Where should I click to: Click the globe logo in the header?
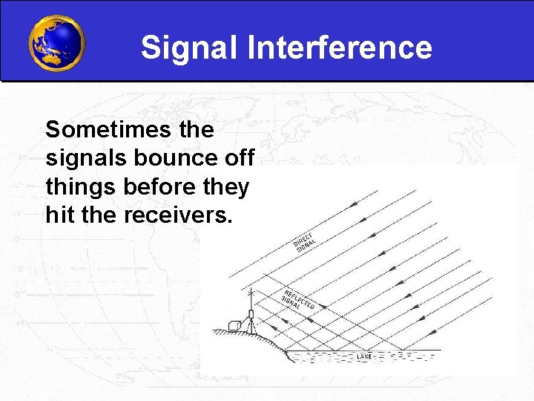(x=56, y=42)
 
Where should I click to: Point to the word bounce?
(x=169, y=159)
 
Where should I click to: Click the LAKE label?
(x=364, y=357)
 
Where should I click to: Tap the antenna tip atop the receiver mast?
(x=251, y=294)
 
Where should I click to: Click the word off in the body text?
(x=239, y=159)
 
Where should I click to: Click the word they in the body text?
(x=225, y=187)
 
